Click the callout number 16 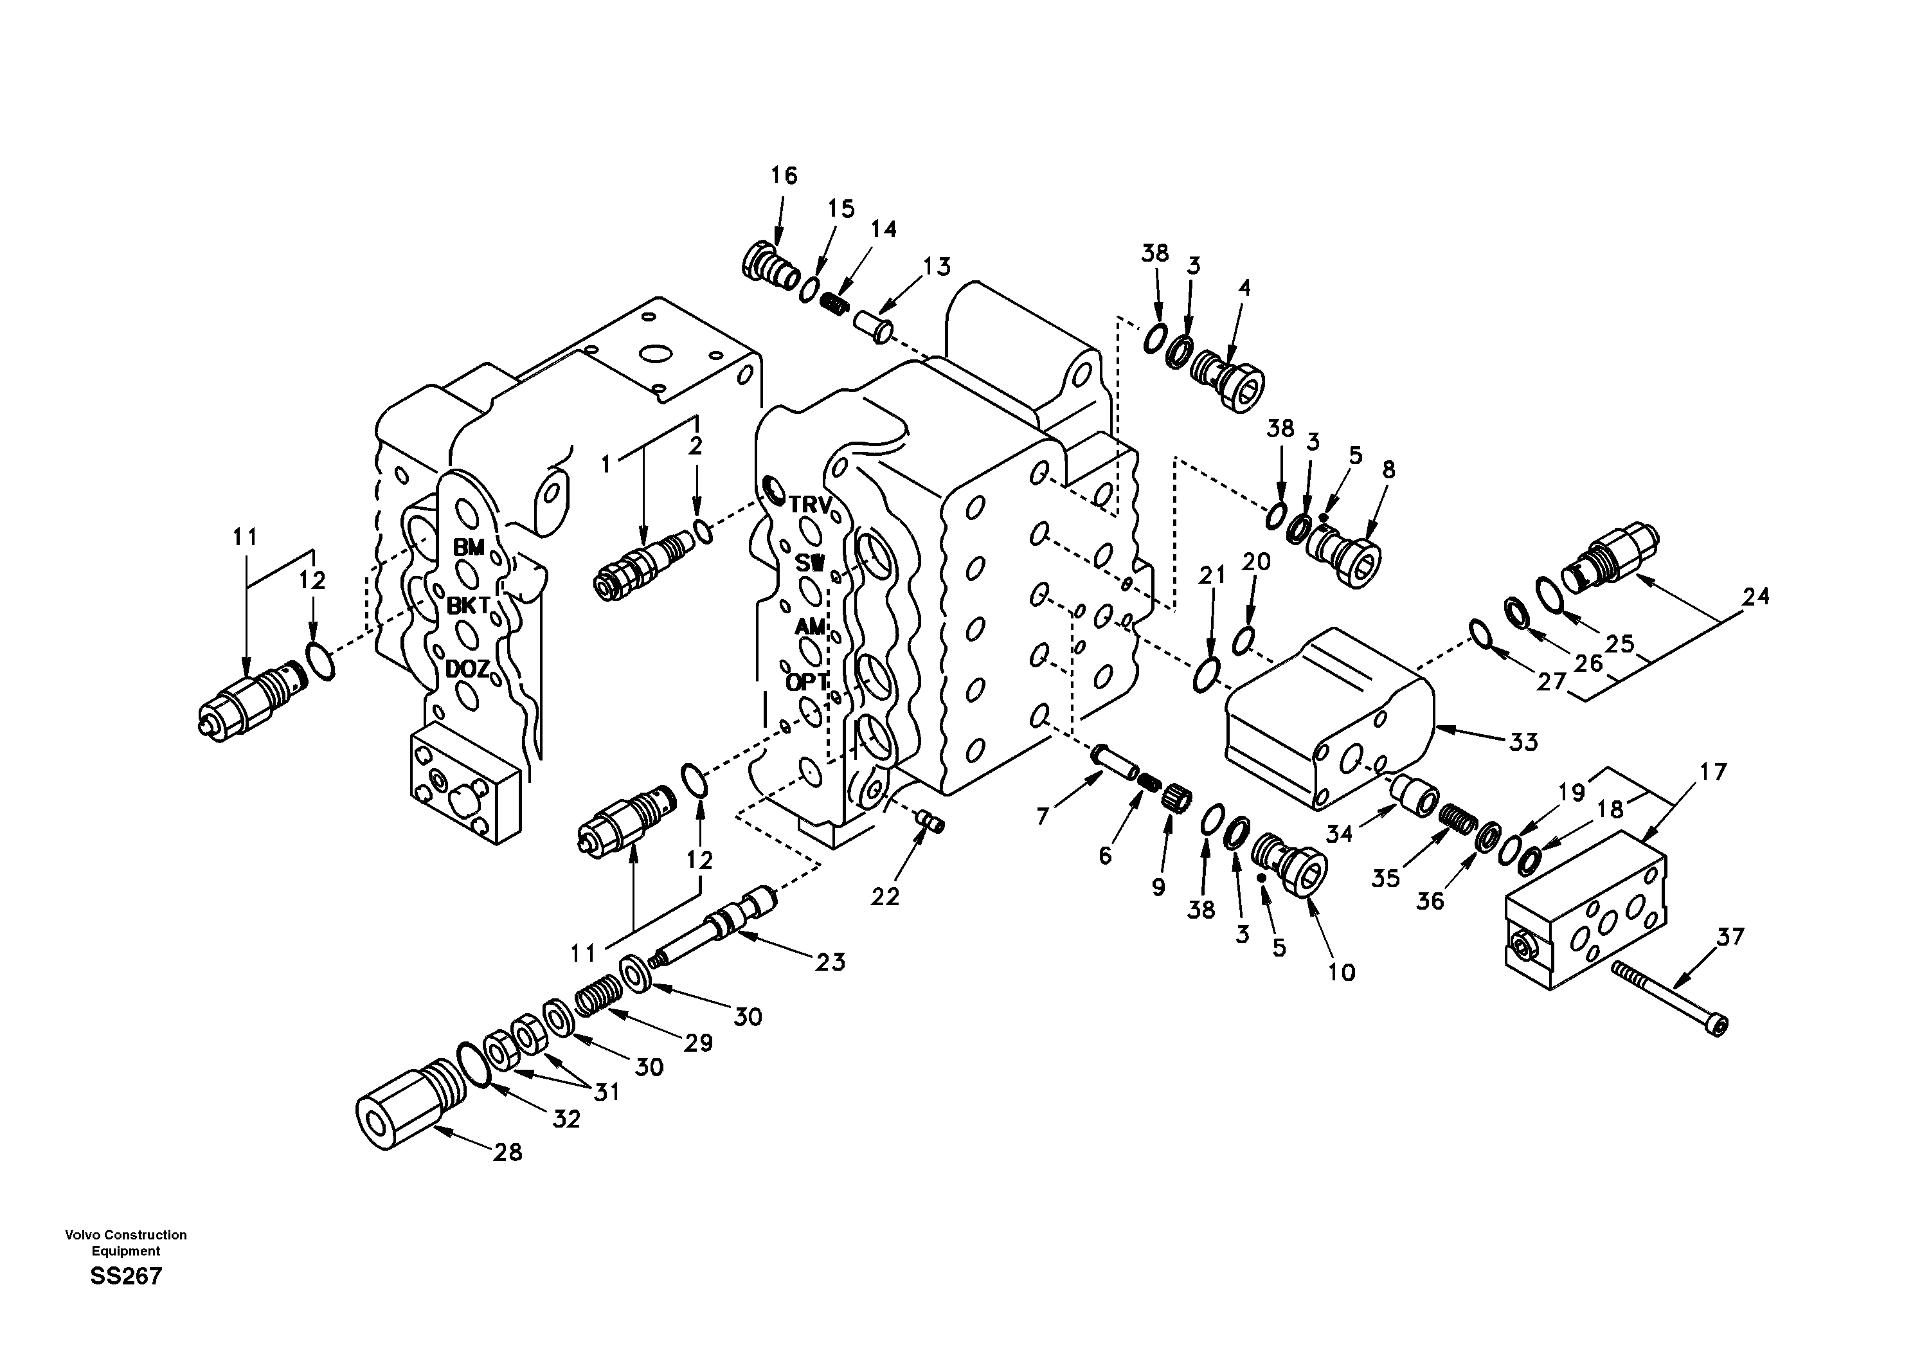pos(783,176)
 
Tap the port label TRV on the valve pos(810,505)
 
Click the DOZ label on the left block pos(467,669)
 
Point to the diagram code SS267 pos(126,1276)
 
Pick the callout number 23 pos(830,962)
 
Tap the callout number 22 pos(885,897)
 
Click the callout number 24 pos(1755,597)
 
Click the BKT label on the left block pos(467,606)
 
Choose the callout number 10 pos(1342,971)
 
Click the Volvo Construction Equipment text pos(126,1243)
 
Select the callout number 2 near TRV pos(696,447)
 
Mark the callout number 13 pos(937,267)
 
